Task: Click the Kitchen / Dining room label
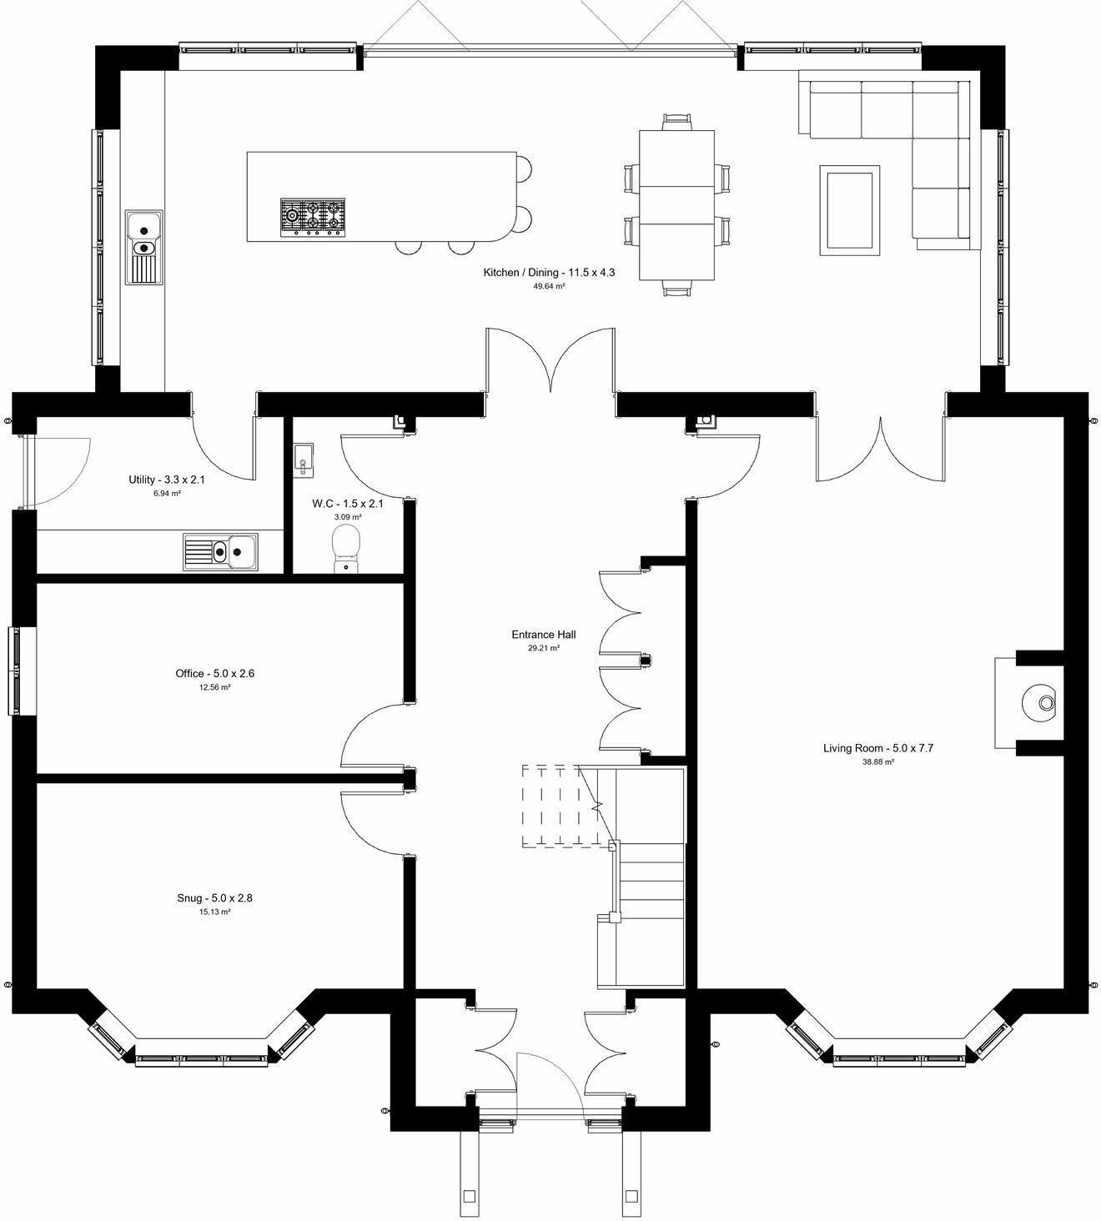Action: point(549,273)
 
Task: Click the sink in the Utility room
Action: point(221,551)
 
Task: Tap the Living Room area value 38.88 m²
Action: point(878,762)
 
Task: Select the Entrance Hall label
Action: point(543,635)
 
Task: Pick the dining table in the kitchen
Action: point(676,205)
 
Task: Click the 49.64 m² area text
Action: point(549,286)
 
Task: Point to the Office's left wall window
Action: point(15,671)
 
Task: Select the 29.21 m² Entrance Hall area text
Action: point(543,648)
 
